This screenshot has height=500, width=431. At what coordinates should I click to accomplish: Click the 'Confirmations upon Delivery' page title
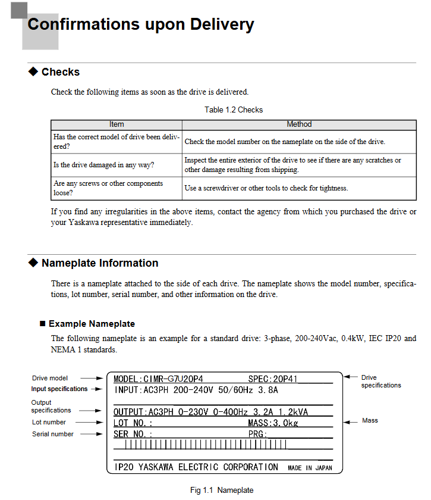[x=141, y=25]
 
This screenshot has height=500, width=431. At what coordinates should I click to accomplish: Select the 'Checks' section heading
[x=60, y=72]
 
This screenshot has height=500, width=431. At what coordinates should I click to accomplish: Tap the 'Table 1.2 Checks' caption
[x=234, y=110]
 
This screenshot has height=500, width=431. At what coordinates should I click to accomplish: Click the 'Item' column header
[x=117, y=124]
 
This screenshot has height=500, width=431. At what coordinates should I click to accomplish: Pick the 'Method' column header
[x=299, y=124]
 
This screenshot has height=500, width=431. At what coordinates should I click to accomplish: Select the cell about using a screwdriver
[x=266, y=188]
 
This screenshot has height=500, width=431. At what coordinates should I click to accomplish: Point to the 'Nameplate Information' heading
[x=99, y=263]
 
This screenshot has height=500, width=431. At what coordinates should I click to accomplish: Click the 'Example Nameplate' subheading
[x=92, y=324]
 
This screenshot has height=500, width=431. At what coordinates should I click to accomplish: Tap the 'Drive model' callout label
[x=50, y=378]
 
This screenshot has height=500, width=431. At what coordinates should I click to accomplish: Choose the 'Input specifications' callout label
[x=59, y=389]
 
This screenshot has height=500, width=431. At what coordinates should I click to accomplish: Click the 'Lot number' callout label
[x=49, y=422]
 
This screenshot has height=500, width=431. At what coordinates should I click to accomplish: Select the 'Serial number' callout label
[x=53, y=434]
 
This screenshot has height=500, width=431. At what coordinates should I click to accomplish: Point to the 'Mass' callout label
[x=370, y=420]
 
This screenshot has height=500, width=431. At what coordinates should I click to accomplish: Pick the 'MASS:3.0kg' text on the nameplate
[x=273, y=423]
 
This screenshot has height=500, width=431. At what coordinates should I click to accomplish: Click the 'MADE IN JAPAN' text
[x=310, y=468]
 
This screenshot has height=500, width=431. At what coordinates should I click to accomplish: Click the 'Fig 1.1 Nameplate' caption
[x=222, y=490]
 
